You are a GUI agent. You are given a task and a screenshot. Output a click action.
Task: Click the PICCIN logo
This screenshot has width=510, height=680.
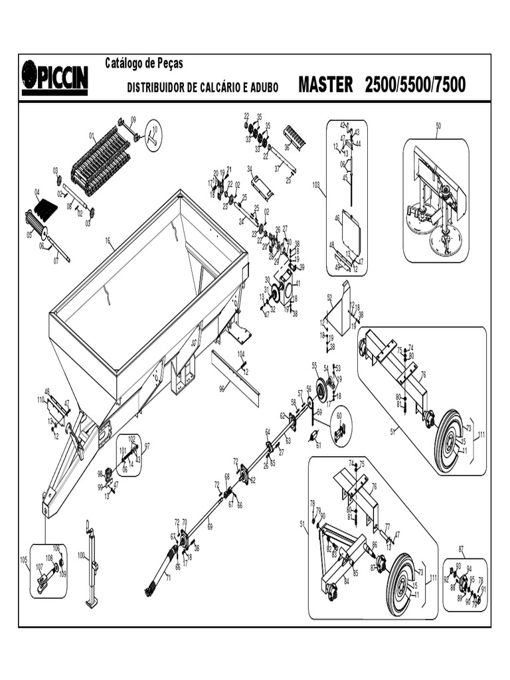point(54,78)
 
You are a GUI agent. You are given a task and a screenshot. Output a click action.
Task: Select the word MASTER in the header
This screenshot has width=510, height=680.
point(325,85)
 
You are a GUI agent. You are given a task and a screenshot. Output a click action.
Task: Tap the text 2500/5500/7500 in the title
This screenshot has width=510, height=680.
point(415,85)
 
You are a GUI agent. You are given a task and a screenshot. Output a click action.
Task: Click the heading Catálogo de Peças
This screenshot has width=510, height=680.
point(144,63)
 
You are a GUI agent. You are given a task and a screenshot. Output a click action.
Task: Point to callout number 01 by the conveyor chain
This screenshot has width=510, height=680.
point(92,135)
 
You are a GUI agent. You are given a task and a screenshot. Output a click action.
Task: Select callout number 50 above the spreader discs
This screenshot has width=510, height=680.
point(438,126)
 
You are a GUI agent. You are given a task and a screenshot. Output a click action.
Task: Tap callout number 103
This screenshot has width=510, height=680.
point(315,185)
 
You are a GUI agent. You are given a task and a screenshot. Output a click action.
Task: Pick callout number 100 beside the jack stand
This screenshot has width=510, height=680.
point(80,554)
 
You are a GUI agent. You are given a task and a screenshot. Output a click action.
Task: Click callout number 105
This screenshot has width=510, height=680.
point(24,560)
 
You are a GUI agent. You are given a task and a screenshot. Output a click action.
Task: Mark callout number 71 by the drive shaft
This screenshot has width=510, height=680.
point(167,578)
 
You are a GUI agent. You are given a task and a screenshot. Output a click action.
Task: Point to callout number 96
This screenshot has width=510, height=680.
point(222,389)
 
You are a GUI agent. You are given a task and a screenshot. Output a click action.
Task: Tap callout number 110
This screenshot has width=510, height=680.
point(41,399)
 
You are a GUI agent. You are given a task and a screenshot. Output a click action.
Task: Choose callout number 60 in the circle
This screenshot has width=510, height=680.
point(339,416)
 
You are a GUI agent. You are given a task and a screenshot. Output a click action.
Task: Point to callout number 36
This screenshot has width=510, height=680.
point(287,147)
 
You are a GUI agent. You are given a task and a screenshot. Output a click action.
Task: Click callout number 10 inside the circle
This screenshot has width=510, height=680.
point(155,129)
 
